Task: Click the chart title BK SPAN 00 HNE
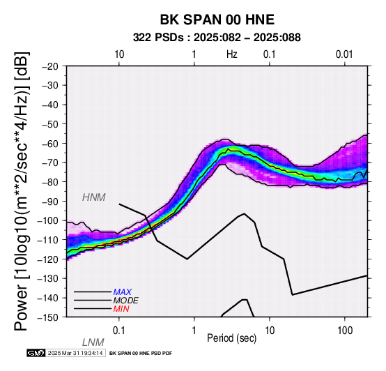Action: [217, 20]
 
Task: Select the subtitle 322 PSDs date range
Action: [217, 38]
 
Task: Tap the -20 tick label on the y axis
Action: [50, 66]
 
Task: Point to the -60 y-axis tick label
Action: [50, 144]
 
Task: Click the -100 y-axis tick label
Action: [48, 220]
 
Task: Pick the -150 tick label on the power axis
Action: [48, 317]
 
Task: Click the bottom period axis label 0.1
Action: [119, 331]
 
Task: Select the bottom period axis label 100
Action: [345, 331]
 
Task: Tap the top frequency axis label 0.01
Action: [344, 54]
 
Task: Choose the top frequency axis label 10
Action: [119, 54]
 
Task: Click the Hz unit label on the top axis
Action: [232, 54]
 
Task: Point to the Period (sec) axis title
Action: [231, 338]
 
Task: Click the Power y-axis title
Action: [22, 191]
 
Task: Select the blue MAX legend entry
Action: [123, 292]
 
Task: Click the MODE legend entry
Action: [126, 301]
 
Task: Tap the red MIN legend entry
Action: [121, 309]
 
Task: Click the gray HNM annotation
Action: [94, 197]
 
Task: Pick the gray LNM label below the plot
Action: [93, 342]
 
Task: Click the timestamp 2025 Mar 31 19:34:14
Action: [75, 354]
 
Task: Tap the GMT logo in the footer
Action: [36, 354]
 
